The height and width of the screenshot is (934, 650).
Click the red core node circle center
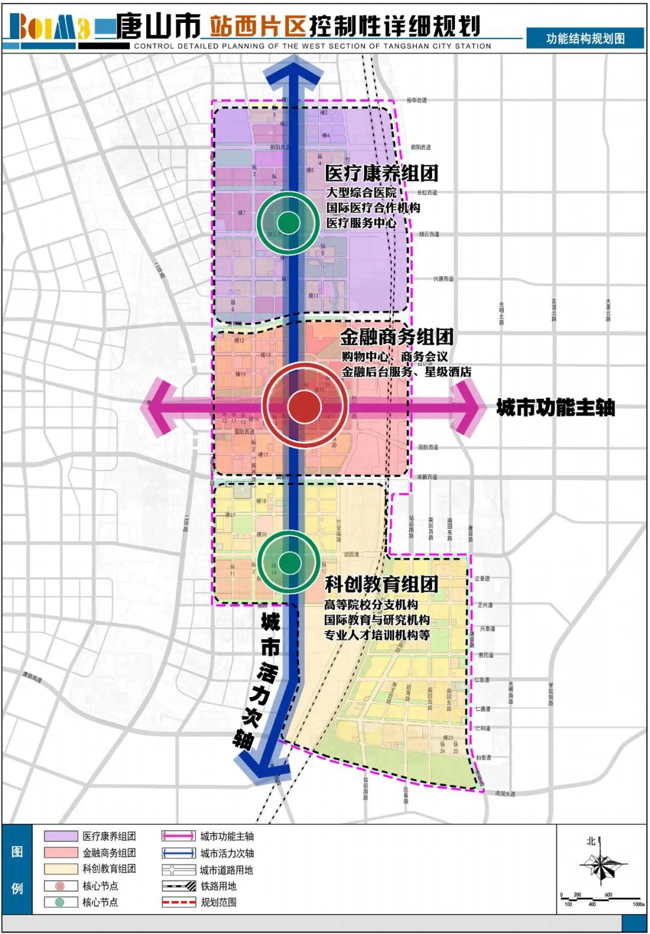(x=305, y=407)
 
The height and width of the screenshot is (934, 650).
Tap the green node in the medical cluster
(x=289, y=223)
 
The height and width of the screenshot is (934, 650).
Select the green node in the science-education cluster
(x=289, y=562)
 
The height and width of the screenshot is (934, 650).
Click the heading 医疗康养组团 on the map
(x=382, y=174)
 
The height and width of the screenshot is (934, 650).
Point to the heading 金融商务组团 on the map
(x=397, y=337)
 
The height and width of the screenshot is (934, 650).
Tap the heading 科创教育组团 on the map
(x=381, y=583)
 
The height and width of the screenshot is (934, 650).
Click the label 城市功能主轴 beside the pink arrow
(x=555, y=408)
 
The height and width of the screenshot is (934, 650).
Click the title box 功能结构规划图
(x=585, y=38)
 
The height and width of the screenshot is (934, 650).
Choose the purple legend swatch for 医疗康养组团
(x=61, y=836)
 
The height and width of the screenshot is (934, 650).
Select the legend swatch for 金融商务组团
(x=61, y=852)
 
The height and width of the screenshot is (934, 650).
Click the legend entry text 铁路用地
(x=218, y=886)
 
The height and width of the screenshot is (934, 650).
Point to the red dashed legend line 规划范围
(x=179, y=902)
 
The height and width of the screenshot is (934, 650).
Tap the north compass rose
(x=601, y=865)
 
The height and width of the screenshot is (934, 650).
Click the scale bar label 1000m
(x=637, y=905)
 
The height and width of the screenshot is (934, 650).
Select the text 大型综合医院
(x=361, y=193)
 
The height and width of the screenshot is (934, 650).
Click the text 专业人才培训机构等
(x=377, y=635)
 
